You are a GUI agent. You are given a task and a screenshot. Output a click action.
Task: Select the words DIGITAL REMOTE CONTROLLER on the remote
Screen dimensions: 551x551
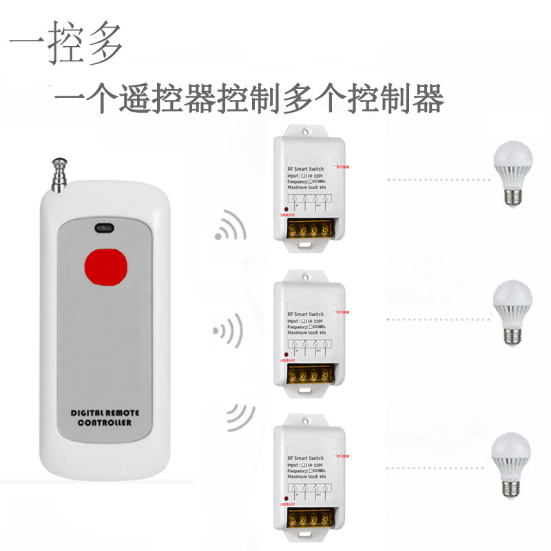pyautogui.click(x=105, y=417)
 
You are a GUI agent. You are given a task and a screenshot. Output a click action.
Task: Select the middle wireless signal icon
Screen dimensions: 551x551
pyautogui.click(x=228, y=333)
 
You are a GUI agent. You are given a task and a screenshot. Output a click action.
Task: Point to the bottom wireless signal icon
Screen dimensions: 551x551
pyautogui.click(x=238, y=417)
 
